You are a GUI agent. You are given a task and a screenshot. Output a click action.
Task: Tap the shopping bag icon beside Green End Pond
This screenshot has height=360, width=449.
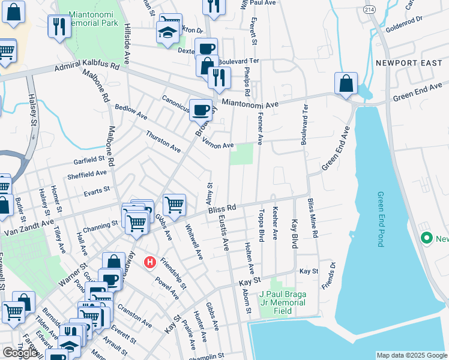click(x=346, y=84)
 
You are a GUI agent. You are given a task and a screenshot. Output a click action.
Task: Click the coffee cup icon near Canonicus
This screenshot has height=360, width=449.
click(x=200, y=110)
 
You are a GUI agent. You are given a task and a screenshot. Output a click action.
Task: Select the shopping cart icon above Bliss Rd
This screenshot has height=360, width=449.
click(x=174, y=205)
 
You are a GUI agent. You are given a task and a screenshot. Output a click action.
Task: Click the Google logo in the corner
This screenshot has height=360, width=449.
click(x=20, y=353)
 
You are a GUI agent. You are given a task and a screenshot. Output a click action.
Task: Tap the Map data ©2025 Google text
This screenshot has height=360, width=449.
click(x=411, y=355)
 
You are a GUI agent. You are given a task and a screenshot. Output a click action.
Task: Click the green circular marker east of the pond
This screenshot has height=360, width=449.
click(x=427, y=238)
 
